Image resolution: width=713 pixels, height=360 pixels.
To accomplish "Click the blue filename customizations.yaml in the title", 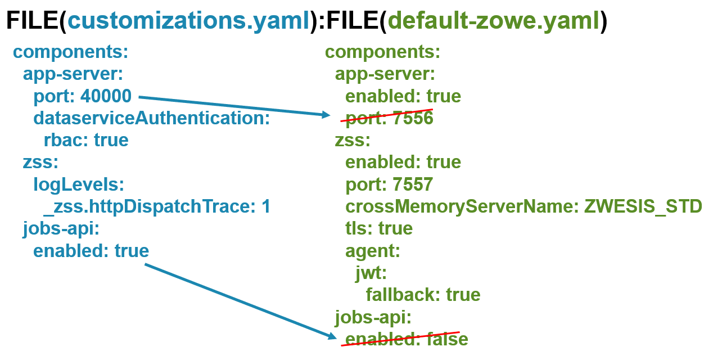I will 188,21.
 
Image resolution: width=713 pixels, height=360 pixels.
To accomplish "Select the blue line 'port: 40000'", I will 82,96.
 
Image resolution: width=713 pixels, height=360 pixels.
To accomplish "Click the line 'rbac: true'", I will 86,140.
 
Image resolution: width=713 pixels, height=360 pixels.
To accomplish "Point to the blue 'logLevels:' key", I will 78,184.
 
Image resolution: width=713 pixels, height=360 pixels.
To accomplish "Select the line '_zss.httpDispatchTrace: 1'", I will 157,206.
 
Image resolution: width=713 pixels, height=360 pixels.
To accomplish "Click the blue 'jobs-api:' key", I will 61,228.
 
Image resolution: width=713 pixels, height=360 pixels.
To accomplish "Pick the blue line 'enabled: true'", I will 91,250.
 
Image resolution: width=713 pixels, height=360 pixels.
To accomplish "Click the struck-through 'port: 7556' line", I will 389,118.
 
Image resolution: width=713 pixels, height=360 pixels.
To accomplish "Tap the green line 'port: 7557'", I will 389,184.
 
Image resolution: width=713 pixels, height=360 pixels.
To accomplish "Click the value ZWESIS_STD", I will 643,206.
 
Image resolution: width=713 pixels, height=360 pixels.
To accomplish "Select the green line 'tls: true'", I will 379,228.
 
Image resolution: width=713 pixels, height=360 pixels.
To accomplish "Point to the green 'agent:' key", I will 372,250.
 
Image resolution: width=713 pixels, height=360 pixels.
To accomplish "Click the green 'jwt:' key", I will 371,273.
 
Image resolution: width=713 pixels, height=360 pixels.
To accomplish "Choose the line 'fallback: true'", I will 423,295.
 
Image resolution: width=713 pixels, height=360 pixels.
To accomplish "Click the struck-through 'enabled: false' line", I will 406,339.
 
